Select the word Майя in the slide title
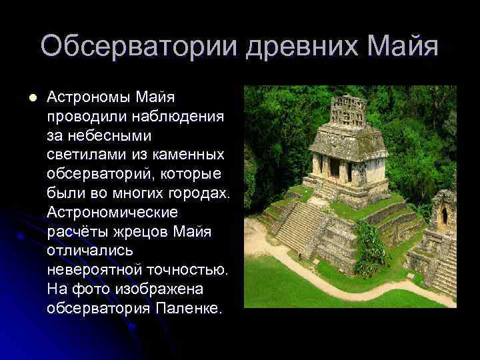(x=405, y=47)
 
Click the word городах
(x=198, y=193)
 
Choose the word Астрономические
(x=113, y=213)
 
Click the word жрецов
(x=145, y=232)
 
